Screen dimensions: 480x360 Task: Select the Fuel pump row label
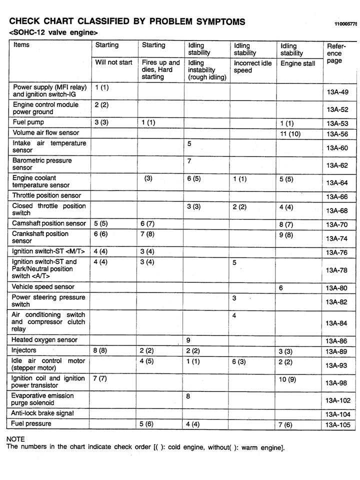28,122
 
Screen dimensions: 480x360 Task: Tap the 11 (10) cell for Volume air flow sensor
290,133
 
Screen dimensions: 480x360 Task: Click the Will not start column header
113,62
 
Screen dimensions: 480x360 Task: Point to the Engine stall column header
297,63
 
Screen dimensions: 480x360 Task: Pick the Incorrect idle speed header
252,67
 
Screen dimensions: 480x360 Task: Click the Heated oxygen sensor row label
44,340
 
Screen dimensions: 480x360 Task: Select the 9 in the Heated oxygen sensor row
188,340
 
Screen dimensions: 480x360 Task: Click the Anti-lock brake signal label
42,413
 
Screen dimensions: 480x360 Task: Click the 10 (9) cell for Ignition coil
287,379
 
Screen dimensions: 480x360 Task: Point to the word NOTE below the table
15,439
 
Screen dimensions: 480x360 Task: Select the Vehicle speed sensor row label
43,287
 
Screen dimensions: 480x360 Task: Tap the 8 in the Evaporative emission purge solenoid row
189,396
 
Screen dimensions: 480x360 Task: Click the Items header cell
21,45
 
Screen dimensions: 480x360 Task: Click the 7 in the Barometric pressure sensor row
189,161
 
